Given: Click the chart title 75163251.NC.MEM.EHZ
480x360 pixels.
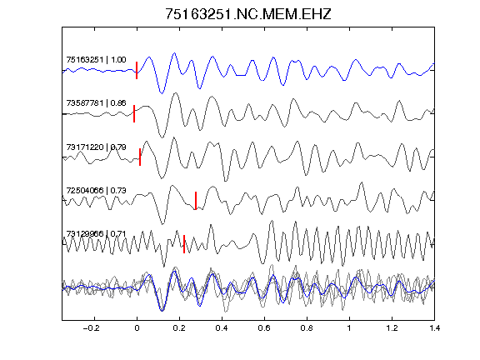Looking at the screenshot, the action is (248, 14).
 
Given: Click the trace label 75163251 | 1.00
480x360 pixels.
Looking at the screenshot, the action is (96, 59).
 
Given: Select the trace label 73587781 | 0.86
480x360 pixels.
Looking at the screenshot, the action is (96, 102).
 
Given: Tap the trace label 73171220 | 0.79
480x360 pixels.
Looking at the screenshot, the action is (96, 147).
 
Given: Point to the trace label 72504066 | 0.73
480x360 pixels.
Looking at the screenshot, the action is (96, 190).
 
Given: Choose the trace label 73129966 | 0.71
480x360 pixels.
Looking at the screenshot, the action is (96, 234).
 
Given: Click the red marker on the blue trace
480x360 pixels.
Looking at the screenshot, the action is (137, 70).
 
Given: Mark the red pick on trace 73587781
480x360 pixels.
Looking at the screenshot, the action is (134, 113).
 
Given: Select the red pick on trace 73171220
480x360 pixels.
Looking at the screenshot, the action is (140, 157).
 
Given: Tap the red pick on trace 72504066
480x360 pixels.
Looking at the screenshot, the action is (196, 201).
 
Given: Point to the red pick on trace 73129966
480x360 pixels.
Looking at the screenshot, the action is (184, 244).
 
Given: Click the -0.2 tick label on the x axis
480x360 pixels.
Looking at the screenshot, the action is (91, 328).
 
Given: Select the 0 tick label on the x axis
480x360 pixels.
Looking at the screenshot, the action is (137, 328).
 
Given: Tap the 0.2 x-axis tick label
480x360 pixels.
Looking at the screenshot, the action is (179, 328).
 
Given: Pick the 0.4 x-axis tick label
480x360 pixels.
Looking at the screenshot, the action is (222, 328).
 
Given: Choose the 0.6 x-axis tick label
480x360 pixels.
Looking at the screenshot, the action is (264, 328).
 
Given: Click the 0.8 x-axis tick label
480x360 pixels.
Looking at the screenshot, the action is (307, 328).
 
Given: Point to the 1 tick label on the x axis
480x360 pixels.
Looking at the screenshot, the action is (349, 328).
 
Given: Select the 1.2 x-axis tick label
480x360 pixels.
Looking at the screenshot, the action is (392, 328).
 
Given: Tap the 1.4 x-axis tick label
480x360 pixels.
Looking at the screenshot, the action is (434, 328).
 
